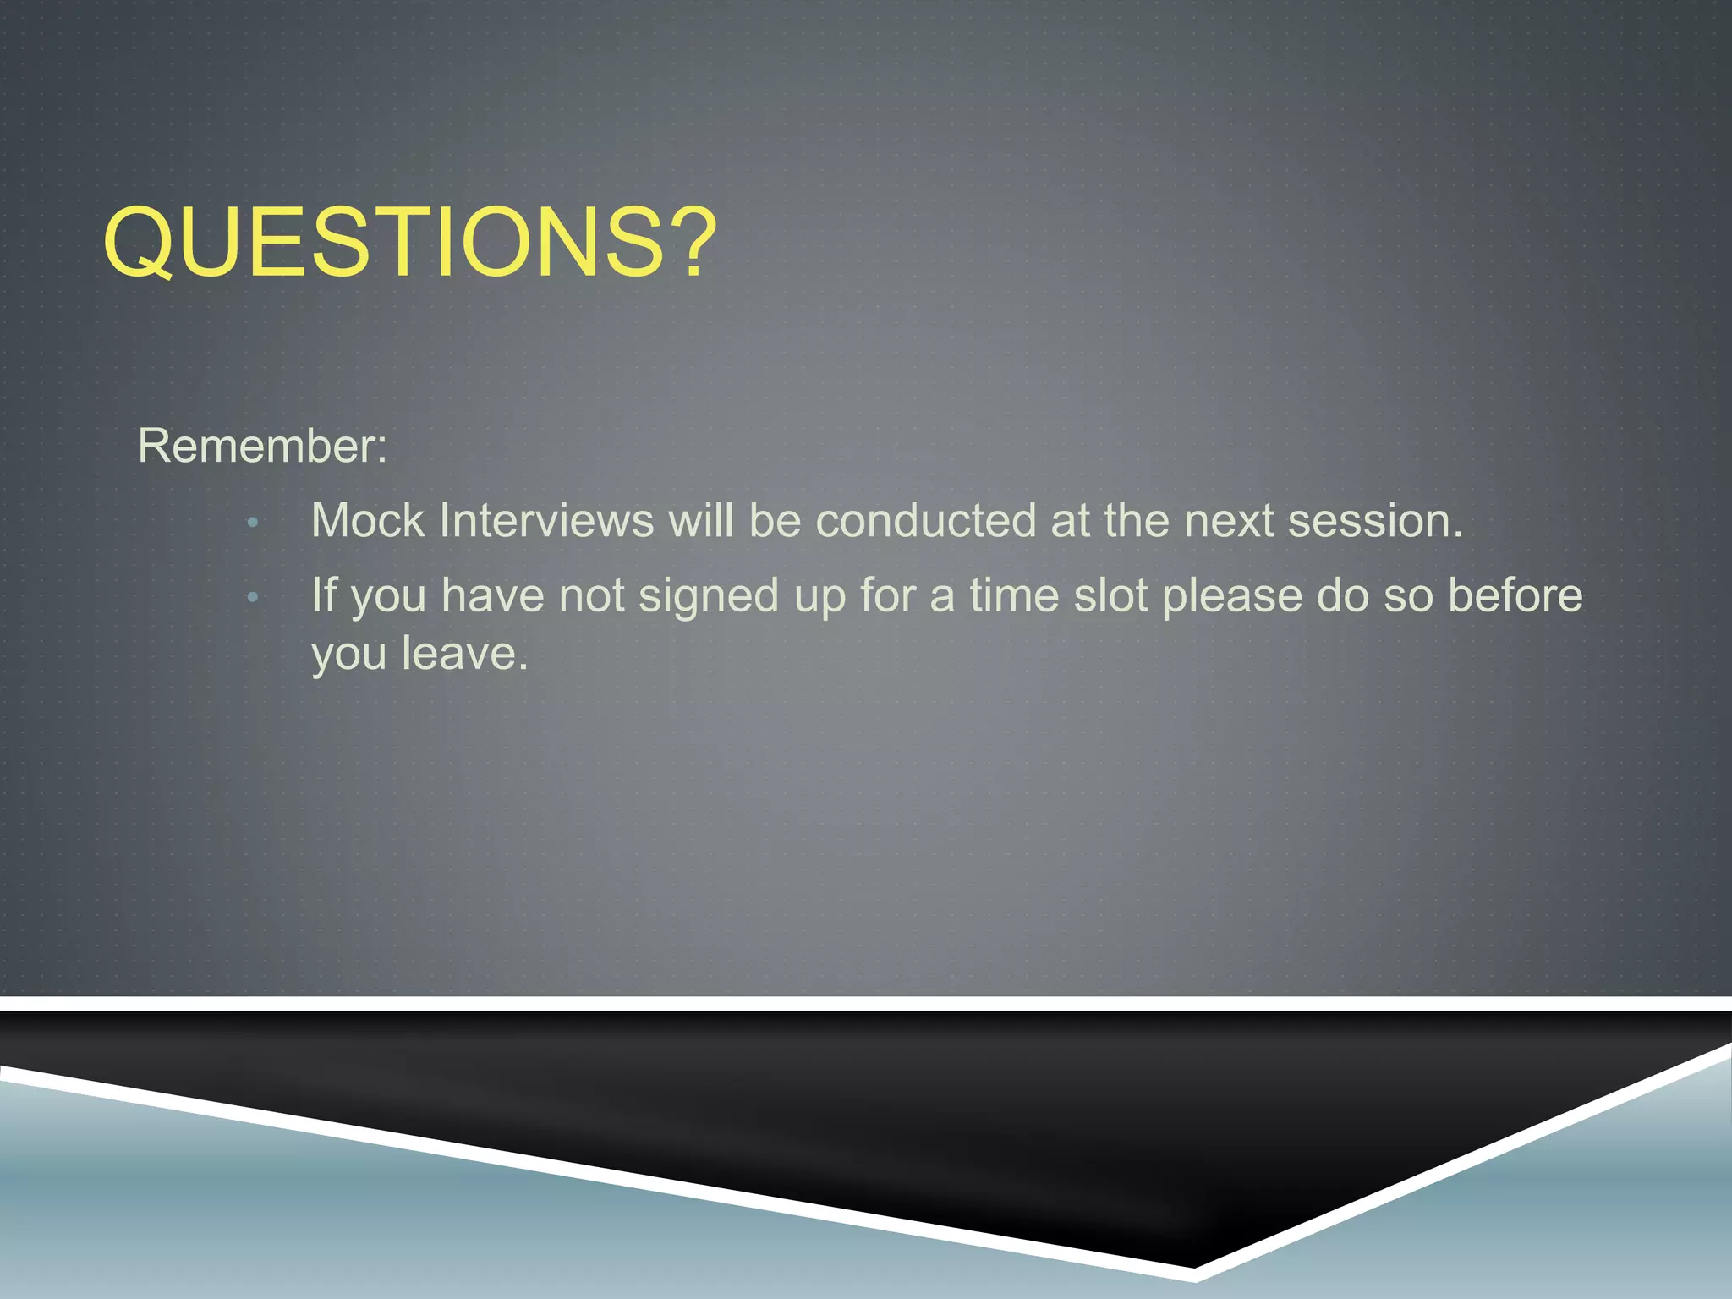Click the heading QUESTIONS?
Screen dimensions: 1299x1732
pos(409,243)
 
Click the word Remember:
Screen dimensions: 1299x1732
pos(262,446)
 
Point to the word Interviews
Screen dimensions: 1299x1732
pos(546,520)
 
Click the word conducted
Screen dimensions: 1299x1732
pos(925,520)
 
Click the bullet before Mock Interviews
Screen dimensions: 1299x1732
pos(252,523)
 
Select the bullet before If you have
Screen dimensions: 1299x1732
pos(252,598)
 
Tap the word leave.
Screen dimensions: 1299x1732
pos(464,654)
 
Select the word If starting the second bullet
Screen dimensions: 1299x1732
pos(324,595)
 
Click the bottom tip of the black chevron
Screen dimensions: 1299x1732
pos(1193,1266)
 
